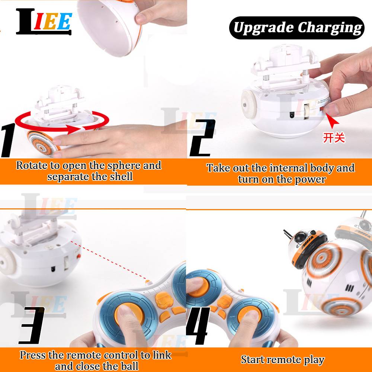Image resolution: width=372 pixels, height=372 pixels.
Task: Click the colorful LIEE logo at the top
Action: point(44,22)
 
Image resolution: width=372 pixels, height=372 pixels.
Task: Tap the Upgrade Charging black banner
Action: point(296,28)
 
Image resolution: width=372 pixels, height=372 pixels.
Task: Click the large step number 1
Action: point(8,140)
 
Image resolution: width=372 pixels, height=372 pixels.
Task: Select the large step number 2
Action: point(202,138)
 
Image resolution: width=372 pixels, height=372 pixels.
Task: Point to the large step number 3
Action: point(32,325)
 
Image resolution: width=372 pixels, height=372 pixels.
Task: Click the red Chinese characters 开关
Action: point(334,138)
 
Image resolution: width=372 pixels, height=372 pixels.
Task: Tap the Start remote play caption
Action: point(283,360)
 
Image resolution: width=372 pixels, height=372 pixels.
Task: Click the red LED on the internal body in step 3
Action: point(78,256)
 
